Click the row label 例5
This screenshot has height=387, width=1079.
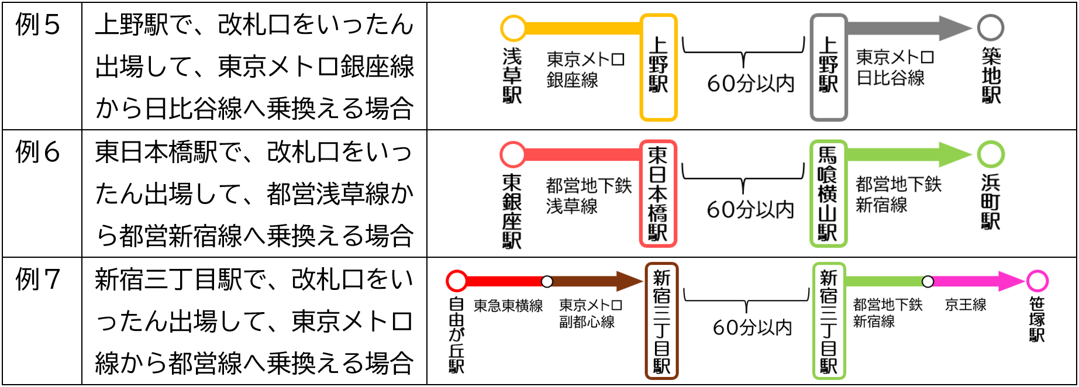(x=38, y=26)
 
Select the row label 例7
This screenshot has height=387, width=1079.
(x=38, y=279)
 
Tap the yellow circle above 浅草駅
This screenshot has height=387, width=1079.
(x=513, y=27)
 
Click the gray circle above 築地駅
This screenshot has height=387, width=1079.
(x=991, y=27)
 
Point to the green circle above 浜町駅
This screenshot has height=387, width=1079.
(x=991, y=154)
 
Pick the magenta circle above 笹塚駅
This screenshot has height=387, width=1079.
(x=1037, y=281)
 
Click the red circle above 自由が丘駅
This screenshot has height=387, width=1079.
(x=457, y=281)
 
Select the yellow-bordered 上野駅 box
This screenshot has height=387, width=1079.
(x=659, y=67)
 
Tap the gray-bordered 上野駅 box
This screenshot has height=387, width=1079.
(x=828, y=67)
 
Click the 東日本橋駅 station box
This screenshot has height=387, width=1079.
(x=658, y=193)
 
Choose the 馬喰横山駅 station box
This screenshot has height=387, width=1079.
(x=828, y=193)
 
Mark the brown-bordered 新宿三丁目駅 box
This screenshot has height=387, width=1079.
(x=661, y=321)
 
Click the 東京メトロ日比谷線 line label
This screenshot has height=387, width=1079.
(x=894, y=67)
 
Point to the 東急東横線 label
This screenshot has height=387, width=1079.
(x=508, y=306)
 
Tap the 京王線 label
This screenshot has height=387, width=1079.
(x=966, y=305)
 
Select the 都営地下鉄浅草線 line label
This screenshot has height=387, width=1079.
(x=588, y=196)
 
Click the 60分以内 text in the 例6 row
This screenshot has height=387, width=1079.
(x=750, y=209)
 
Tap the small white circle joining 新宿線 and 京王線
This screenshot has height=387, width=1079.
(x=928, y=282)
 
